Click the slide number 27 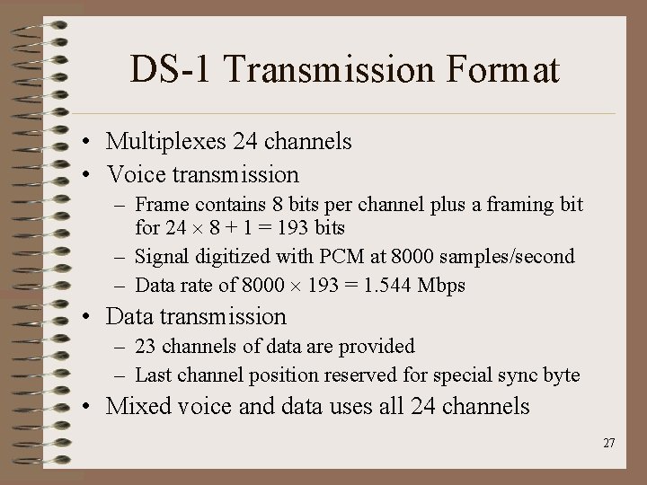[x=609, y=443]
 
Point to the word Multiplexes [x=166, y=142]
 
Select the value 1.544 [x=391, y=286]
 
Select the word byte [x=563, y=375]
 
